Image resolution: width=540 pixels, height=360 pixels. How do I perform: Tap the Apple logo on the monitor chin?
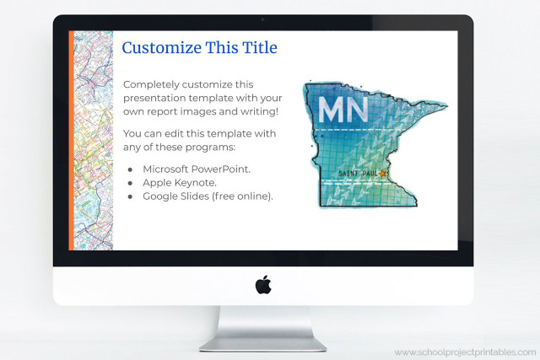point(263,285)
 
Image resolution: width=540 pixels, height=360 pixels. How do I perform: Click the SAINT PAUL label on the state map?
point(358,175)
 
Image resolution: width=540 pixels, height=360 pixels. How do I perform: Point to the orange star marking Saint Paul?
point(382,174)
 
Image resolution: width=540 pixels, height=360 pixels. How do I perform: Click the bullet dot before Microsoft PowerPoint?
point(130,169)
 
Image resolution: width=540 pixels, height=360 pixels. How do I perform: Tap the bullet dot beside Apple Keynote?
point(130,183)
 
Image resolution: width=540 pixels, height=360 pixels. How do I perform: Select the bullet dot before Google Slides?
point(130,196)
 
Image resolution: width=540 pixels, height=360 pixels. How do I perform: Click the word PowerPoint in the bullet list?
point(220,169)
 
